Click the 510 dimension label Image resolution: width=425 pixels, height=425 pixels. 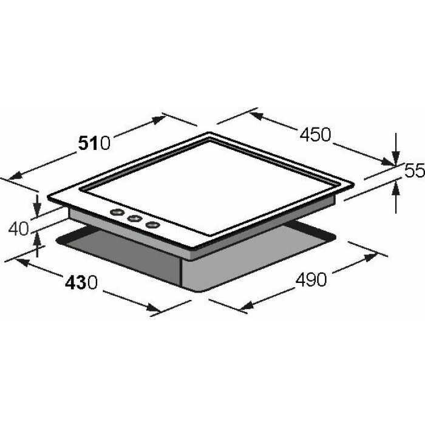pos(94,143)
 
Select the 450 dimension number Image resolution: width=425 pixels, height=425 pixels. pos(315,134)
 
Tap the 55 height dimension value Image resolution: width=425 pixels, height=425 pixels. pos(415,171)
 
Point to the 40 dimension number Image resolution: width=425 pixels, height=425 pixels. pos(18,229)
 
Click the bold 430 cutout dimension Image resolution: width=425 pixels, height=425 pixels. pos(81,282)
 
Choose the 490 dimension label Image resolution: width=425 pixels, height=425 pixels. pos(311,279)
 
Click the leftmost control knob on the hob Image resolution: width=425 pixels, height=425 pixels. pos(117,212)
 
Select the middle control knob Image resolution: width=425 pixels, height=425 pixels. pos(135,218)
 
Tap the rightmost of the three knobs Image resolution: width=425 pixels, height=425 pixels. pos(152,225)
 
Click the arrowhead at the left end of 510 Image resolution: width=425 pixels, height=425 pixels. pos(15,175)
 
